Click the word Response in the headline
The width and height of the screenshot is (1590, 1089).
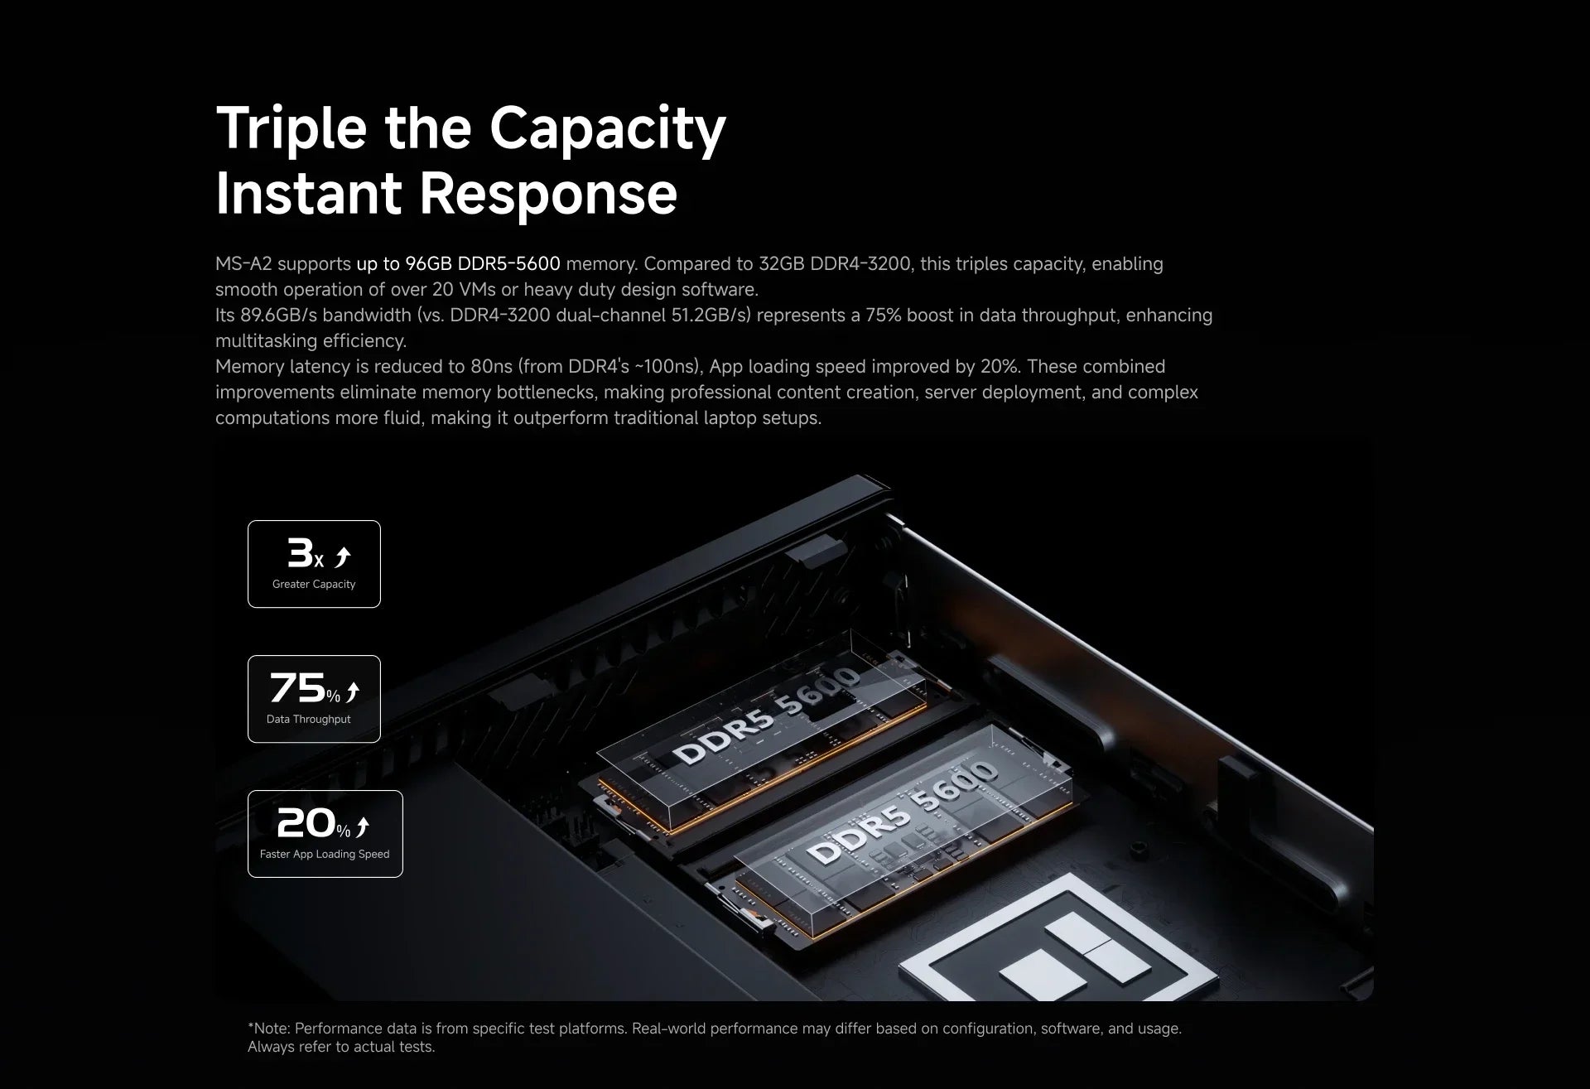[x=548, y=193]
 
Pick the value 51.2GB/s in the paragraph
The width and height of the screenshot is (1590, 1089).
[x=712, y=315]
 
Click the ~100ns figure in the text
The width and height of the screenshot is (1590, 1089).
[x=667, y=366]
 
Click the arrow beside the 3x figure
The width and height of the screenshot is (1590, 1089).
[x=342, y=557]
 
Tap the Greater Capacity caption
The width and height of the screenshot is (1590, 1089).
[x=314, y=584]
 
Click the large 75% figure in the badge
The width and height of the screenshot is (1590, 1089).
[x=305, y=687]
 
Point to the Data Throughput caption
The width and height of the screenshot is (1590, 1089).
[x=309, y=719]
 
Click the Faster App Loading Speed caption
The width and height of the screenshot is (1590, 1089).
[x=325, y=854]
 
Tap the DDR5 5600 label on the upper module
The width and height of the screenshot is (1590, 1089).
[x=767, y=715]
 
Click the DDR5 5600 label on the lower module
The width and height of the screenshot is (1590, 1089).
[x=902, y=812]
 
